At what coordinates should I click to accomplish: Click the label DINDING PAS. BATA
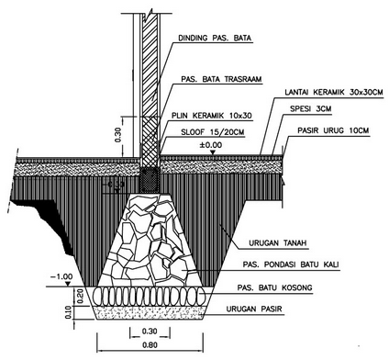tap(215, 38)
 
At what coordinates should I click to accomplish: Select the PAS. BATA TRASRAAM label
tap(221, 79)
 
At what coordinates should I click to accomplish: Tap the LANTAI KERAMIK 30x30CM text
tap(334, 92)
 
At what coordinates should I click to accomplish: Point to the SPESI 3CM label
tap(310, 108)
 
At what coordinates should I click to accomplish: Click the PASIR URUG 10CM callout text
tap(334, 130)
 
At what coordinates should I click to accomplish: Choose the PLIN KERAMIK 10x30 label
tap(212, 116)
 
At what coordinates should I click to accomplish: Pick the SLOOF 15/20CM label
tap(213, 132)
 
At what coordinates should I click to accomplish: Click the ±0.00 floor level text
tap(211, 145)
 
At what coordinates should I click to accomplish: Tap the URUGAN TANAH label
tap(278, 243)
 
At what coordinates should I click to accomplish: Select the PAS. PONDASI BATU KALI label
tap(291, 264)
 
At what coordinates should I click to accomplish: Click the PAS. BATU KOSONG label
tap(275, 287)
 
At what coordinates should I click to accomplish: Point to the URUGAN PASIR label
tap(254, 309)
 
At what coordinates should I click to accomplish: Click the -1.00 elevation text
tap(61, 276)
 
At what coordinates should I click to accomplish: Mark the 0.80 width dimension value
tap(150, 345)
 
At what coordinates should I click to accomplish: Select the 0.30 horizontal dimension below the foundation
tap(150, 331)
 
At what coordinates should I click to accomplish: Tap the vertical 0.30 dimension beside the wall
tap(118, 135)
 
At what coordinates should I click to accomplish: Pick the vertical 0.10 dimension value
tap(68, 312)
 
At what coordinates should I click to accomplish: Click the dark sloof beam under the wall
tap(150, 180)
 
